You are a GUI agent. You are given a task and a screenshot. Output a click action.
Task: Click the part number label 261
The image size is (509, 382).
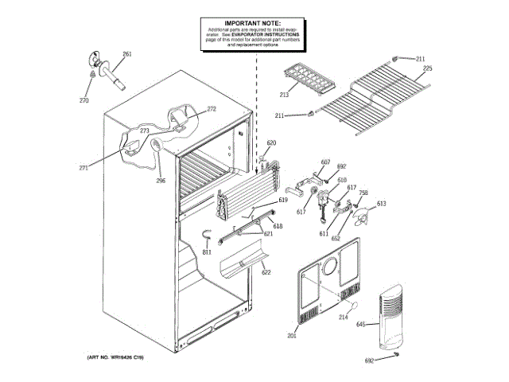[126, 55]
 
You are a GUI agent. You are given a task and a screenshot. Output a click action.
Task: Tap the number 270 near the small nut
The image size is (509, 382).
[84, 100]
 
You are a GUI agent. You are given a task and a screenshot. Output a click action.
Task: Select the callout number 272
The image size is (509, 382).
[212, 108]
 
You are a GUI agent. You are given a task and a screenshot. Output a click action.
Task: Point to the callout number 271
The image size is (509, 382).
[84, 167]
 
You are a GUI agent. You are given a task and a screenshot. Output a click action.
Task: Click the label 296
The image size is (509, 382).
[161, 180]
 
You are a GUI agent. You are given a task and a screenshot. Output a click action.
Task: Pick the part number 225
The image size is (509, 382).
[427, 70]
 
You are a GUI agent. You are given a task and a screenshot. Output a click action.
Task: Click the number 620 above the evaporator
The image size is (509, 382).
[271, 142]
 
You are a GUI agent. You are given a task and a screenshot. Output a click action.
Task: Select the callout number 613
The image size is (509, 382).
[382, 204]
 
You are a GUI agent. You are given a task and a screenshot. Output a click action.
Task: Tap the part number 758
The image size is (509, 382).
[363, 193]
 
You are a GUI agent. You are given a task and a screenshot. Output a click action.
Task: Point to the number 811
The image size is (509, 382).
[206, 252]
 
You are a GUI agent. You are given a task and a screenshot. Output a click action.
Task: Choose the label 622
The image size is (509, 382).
[266, 272]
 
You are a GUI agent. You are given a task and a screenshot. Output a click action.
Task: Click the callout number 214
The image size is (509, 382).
[344, 318]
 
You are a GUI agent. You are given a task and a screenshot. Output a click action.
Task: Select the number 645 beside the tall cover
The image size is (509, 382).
[360, 324]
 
